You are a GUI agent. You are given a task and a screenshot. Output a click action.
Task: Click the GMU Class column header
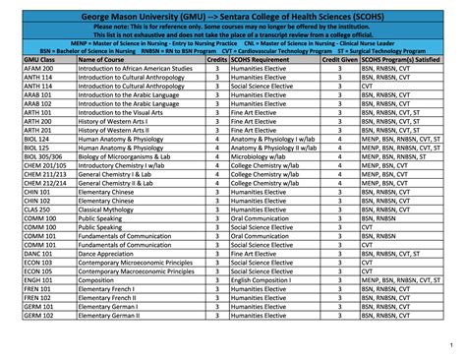click(41, 60)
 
